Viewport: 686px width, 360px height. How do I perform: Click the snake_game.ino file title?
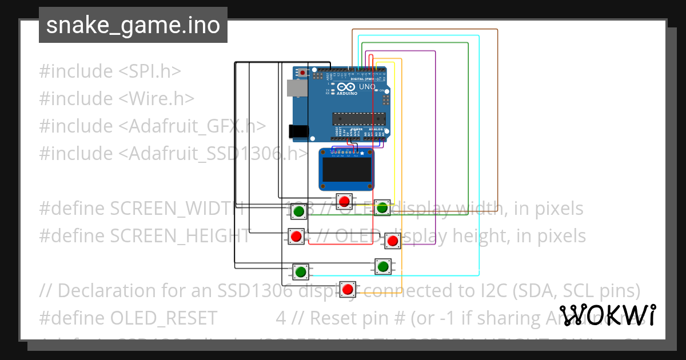pyautogui.click(x=133, y=25)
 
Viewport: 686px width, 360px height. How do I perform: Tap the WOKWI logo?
pyautogui.click(x=607, y=315)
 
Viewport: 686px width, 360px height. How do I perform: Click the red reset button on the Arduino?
pyautogui.click(x=302, y=73)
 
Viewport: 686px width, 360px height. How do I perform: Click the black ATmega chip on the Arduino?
pyautogui.click(x=359, y=118)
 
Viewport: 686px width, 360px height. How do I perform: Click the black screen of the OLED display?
pyautogui.click(x=346, y=170)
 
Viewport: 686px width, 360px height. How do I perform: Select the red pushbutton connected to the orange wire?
pyautogui.click(x=348, y=289)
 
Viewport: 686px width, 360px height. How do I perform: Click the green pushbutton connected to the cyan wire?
pyautogui.click(x=301, y=271)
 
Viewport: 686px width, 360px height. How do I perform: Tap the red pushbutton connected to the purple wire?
pyautogui.click(x=392, y=241)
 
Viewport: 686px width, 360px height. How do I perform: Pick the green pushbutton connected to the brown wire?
pyautogui.click(x=382, y=207)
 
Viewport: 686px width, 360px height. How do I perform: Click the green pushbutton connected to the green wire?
pyautogui.click(x=298, y=212)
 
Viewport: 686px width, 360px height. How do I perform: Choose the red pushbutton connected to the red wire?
pyautogui.click(x=296, y=236)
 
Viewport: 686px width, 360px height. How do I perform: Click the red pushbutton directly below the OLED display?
pyautogui.click(x=344, y=201)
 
